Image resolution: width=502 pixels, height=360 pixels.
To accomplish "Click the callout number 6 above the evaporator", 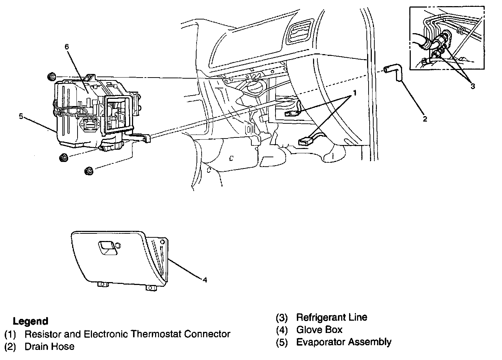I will pyautogui.click(x=66, y=47).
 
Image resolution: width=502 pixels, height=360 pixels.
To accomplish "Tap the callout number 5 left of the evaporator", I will pyautogui.click(x=21, y=116).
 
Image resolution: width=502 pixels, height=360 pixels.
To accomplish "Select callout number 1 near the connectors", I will pyautogui.click(x=355, y=93).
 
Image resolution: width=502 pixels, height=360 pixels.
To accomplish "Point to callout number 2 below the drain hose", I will pyautogui.click(x=425, y=119).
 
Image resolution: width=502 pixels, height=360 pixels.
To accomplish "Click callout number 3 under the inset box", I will pyautogui.click(x=473, y=86).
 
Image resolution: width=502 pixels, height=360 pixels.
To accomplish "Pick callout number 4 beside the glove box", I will pyautogui.click(x=205, y=280).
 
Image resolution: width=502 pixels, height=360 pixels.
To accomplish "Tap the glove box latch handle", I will pyautogui.click(x=107, y=246).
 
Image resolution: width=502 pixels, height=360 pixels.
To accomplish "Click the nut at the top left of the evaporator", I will pyautogui.click(x=50, y=76).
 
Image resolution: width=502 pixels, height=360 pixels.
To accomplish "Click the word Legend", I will pyautogui.click(x=30, y=321).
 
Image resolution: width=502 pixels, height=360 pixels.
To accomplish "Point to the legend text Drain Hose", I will pyautogui.click(x=49, y=347).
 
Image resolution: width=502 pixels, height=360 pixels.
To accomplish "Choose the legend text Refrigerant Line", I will pyautogui.click(x=331, y=317).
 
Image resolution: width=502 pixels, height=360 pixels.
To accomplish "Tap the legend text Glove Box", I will pyautogui.click(x=319, y=330).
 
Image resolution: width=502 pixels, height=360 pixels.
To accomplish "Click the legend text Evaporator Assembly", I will pyautogui.click(x=344, y=342).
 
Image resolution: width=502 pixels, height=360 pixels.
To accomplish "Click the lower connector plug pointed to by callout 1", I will pyautogui.click(x=305, y=141).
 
